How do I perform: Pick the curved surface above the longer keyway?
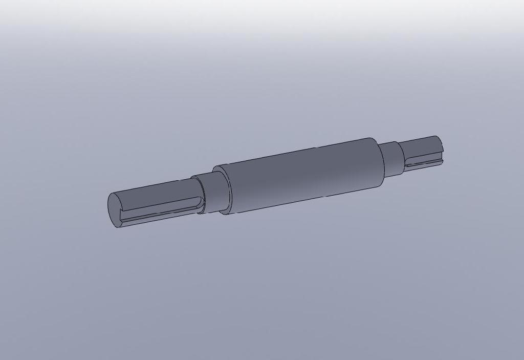pos(154,193)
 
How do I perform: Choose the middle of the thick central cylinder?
pos(302,174)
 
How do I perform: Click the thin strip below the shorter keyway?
pos(422,167)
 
